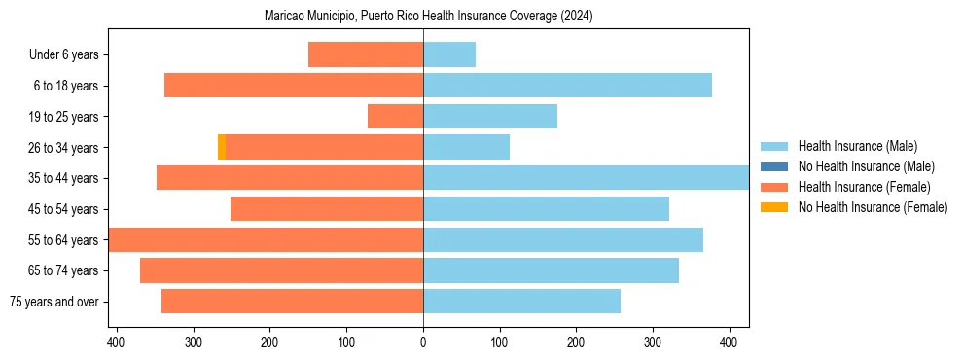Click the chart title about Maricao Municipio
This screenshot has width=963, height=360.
click(428, 17)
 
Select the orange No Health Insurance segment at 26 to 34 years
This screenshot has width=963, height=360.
click(222, 147)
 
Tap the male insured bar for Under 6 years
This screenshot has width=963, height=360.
click(449, 54)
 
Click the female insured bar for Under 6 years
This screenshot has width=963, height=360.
click(366, 54)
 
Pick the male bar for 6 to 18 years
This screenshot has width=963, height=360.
click(567, 86)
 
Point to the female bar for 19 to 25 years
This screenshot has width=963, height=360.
click(395, 117)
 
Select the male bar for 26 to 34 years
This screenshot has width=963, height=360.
click(466, 147)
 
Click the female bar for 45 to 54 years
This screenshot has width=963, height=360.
click(327, 209)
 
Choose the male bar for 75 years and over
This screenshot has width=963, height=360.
click(521, 302)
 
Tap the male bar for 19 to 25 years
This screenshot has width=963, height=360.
click(490, 117)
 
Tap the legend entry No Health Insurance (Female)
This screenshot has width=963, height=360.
click(873, 207)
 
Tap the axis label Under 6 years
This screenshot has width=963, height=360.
click(63, 54)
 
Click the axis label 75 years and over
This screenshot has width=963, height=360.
click(53, 302)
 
